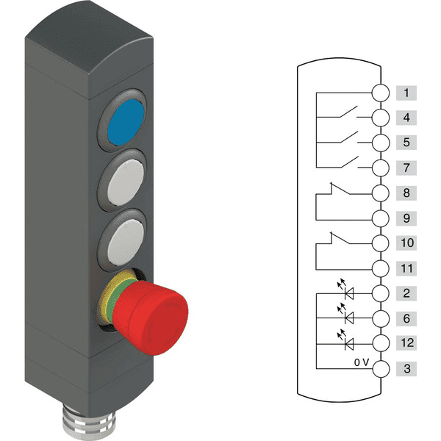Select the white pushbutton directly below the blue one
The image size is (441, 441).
click(x=126, y=182)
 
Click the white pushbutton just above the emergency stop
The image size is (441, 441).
click(x=126, y=242)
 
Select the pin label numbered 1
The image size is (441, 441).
click(x=406, y=93)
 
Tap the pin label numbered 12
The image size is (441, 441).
click(x=406, y=343)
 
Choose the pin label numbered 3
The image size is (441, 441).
click(x=406, y=368)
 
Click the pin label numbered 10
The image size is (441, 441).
click(x=406, y=243)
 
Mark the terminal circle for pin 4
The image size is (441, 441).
click(x=381, y=118)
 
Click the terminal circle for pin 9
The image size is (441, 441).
click(x=381, y=218)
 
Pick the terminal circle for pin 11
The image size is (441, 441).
click(x=381, y=268)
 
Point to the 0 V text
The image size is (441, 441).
click(x=362, y=362)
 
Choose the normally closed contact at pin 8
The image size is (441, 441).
click(x=340, y=188)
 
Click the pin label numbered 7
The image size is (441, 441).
click(x=406, y=168)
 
